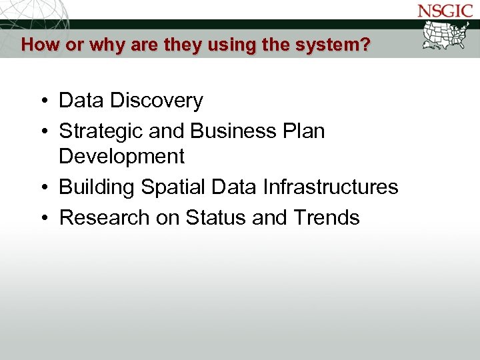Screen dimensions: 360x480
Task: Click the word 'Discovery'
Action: click(x=157, y=101)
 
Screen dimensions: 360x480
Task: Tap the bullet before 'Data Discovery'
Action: click(x=42, y=101)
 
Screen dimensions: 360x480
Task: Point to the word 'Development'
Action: click(x=121, y=157)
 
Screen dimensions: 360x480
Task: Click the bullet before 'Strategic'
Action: click(x=42, y=132)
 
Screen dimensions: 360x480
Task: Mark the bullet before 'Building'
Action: click(x=42, y=188)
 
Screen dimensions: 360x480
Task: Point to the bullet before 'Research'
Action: click(x=42, y=218)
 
